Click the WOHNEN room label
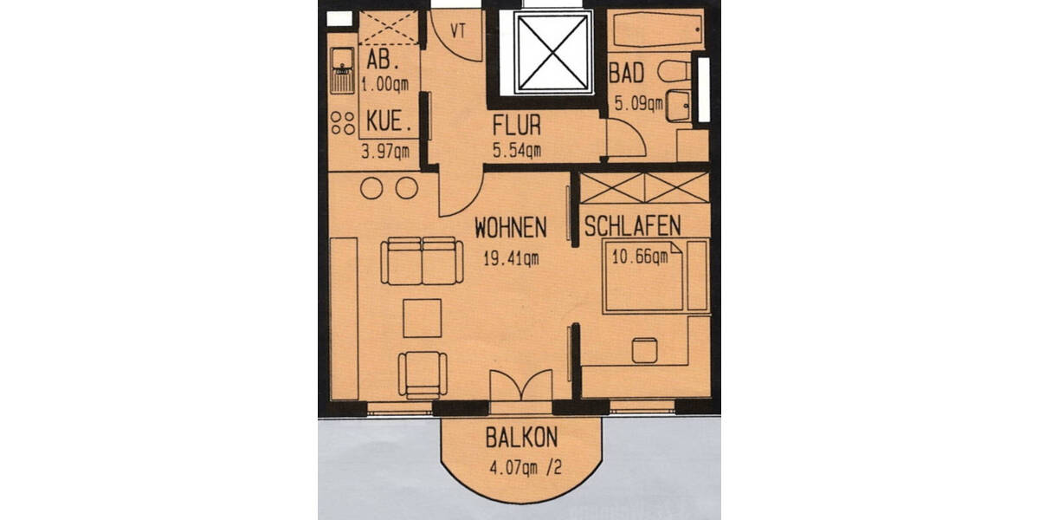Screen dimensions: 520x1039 pos(511,228)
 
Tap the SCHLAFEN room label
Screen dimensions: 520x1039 pos(632,226)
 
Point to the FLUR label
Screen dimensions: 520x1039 pos(518,124)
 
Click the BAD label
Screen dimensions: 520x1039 pos(626,73)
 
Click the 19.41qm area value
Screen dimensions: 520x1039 pos(511,257)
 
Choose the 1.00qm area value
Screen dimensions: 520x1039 pos(386,84)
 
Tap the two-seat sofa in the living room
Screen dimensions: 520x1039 pos(422,261)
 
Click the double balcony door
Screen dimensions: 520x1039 pos(520,386)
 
